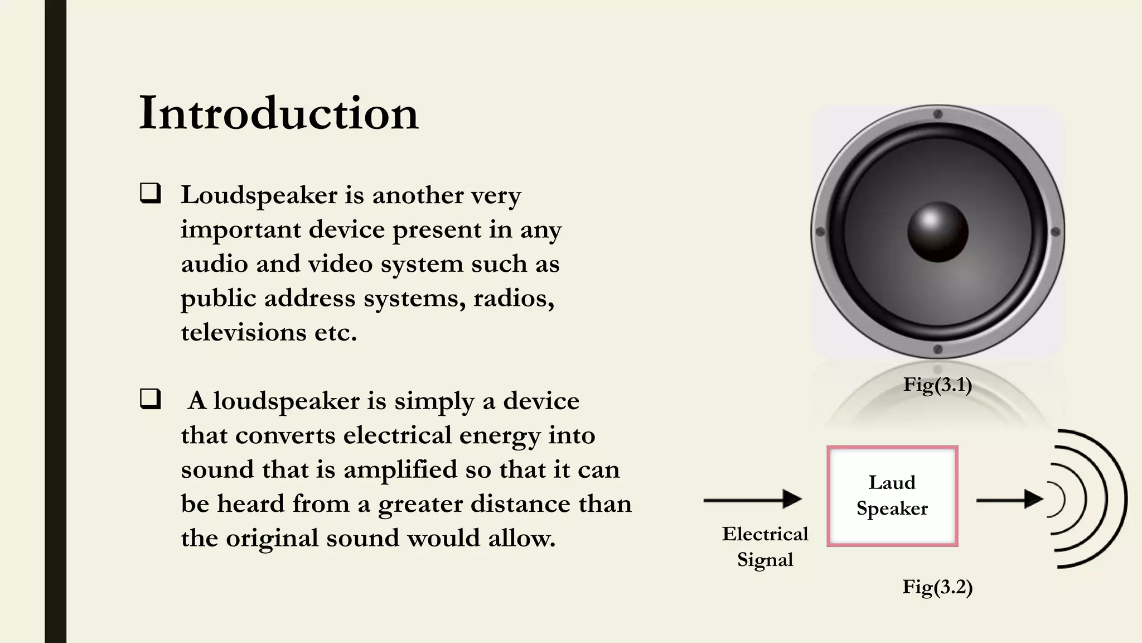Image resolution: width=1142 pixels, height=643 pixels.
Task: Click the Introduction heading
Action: pyautogui.click(x=278, y=113)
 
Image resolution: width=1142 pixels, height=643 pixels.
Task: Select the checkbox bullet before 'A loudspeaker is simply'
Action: pyautogui.click(x=150, y=399)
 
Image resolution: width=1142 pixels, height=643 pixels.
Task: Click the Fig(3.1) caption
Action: pyautogui.click(x=937, y=385)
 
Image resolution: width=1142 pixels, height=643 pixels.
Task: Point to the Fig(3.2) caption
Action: pyautogui.click(x=937, y=587)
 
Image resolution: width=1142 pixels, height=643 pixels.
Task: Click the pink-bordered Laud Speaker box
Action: pyautogui.click(x=892, y=496)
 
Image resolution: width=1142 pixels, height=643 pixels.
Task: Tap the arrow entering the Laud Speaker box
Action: pyautogui.click(x=752, y=500)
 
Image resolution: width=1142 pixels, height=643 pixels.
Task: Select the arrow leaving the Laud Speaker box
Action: pyautogui.click(x=1009, y=500)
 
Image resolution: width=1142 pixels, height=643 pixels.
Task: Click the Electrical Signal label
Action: pyautogui.click(x=764, y=546)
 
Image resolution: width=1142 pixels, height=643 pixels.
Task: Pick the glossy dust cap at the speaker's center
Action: pyautogui.click(x=937, y=232)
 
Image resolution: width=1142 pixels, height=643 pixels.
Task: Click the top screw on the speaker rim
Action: pyautogui.click(x=938, y=114)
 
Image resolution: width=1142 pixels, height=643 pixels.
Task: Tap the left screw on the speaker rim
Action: pyautogui.click(x=820, y=232)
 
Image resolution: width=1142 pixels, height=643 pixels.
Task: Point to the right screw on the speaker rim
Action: pyautogui.click(x=1055, y=232)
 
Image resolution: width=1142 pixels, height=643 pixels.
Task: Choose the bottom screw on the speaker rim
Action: pyautogui.click(x=938, y=349)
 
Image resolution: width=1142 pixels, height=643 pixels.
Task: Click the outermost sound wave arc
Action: pyautogui.click(x=1123, y=498)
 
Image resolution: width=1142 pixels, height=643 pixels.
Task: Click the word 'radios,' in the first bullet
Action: pyautogui.click(x=514, y=299)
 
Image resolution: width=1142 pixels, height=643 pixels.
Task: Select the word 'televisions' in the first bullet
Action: pyautogui.click(x=243, y=333)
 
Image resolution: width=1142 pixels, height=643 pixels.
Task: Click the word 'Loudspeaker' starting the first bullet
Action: pyautogui.click(x=259, y=195)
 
